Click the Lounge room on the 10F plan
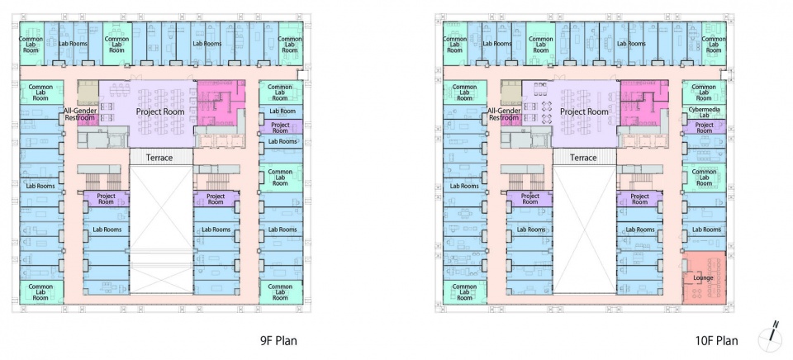[704, 277]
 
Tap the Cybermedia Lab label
[704, 111]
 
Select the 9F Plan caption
[278, 341]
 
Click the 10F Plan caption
[716, 341]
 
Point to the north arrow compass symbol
[770, 337]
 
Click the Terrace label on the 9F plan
[159, 158]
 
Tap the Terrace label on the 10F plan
[583, 158]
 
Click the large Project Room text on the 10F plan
[584, 111]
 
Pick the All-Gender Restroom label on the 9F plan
[80, 114]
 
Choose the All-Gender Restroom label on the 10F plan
[504, 114]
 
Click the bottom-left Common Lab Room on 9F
[41, 292]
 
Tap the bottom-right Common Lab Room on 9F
[281, 292]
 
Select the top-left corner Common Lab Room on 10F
[454, 44]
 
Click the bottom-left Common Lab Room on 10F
[465, 292]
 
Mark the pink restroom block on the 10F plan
[643, 103]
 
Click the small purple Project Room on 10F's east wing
[704, 127]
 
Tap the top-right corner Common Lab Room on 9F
[290, 44]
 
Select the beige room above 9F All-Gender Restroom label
[88, 92]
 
